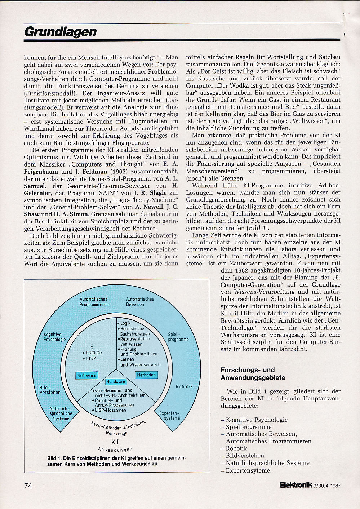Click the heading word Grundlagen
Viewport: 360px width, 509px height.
pos(61,32)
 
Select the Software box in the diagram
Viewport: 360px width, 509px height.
pos(87,375)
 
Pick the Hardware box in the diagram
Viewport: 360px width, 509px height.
pos(116,381)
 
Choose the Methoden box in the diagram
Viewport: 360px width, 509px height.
pos(146,375)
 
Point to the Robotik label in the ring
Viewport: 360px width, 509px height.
pos(184,386)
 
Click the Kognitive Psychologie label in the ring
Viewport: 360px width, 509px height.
pos(55,337)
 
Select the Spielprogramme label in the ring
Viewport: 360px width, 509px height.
pos(178,337)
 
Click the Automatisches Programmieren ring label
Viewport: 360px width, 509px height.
pos(94,302)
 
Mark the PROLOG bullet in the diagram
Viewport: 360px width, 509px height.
pos(93,353)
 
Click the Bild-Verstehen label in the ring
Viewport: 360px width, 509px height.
pos(50,390)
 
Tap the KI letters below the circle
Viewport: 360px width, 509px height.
pos(115,442)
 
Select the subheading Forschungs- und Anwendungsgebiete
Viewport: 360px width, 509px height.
pos(253,374)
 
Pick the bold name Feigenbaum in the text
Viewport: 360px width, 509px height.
pos(39,172)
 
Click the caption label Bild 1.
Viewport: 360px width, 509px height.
pos(54,458)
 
